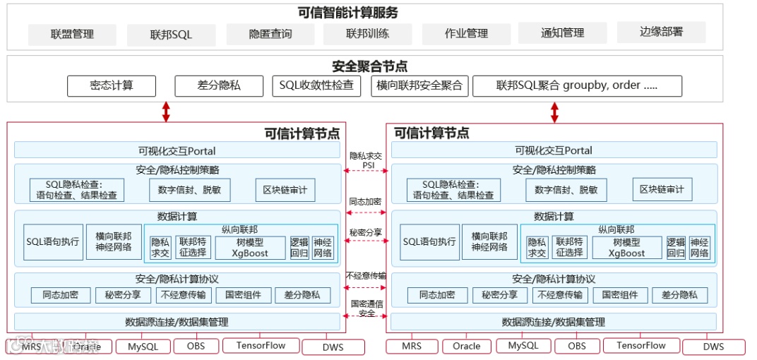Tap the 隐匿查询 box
pyautogui.click(x=270, y=34)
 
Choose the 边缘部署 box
pyautogui.click(x=661, y=32)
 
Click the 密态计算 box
pyautogui.click(x=111, y=85)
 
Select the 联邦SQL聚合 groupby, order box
pyautogui.click(x=576, y=85)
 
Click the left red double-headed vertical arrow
pyautogui.click(x=166, y=112)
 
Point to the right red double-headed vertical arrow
pyautogui.click(x=555, y=112)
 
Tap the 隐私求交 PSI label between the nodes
pyautogui.click(x=366, y=160)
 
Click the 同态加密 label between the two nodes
pyautogui.click(x=366, y=201)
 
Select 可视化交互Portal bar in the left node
pyautogui.click(x=177, y=150)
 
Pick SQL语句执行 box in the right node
pyautogui.click(x=429, y=242)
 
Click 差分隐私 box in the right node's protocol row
pyautogui.click(x=678, y=295)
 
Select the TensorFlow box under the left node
pyautogui.click(x=261, y=345)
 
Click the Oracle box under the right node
pyautogui.click(x=466, y=346)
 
